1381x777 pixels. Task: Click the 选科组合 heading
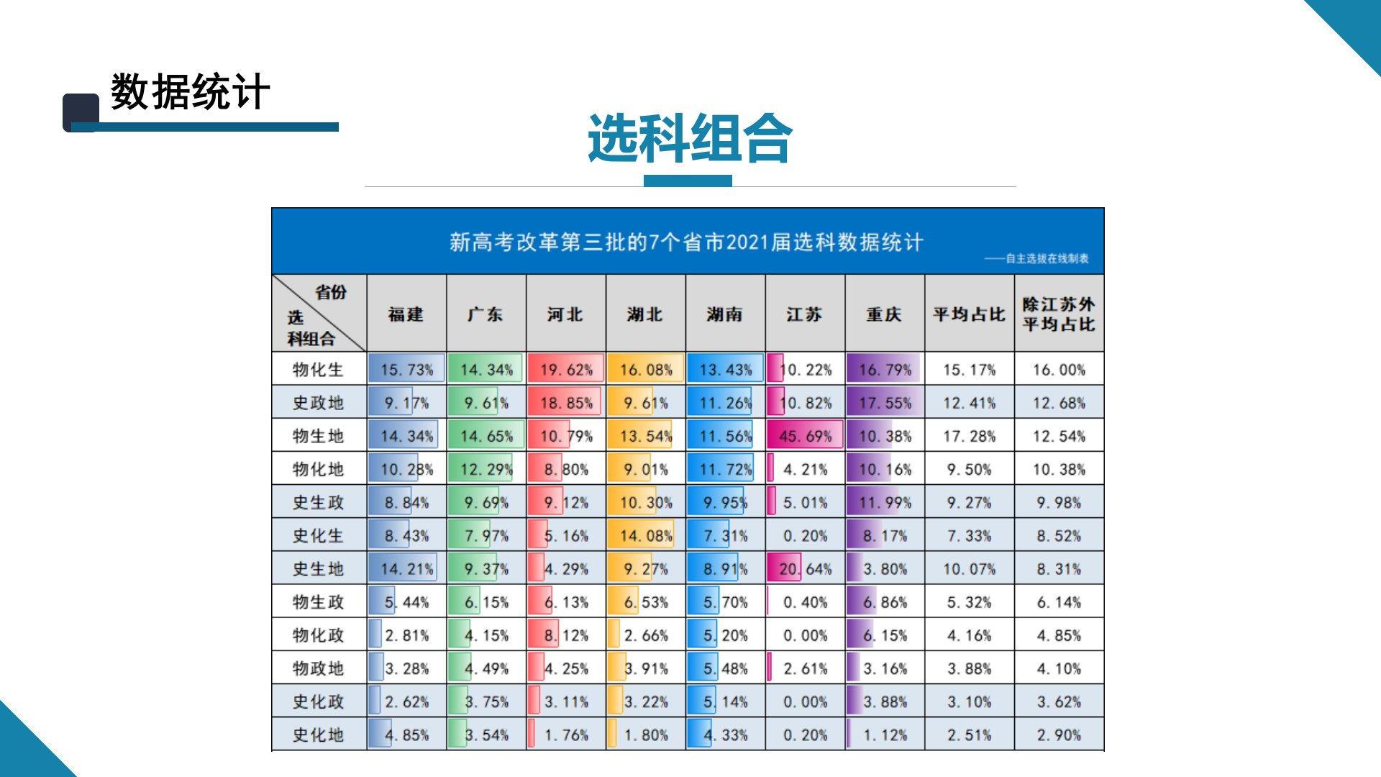click(x=689, y=139)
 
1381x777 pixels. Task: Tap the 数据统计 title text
click(x=190, y=92)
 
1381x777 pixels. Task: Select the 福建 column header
click(x=406, y=314)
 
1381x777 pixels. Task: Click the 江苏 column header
click(x=805, y=314)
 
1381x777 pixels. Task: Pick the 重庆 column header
click(x=885, y=314)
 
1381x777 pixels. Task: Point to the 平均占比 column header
click(x=969, y=314)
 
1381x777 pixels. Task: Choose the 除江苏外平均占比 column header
click(x=1059, y=314)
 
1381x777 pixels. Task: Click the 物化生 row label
click(x=319, y=370)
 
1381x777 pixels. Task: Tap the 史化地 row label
click(x=319, y=735)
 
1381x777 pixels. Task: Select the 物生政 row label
click(x=319, y=602)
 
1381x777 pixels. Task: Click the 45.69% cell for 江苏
click(x=806, y=436)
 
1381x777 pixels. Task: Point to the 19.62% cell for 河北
click(x=566, y=370)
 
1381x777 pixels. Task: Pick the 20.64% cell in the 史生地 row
click(x=806, y=569)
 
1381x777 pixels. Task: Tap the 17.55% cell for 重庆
click(x=885, y=403)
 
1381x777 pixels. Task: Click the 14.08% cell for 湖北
click(x=646, y=536)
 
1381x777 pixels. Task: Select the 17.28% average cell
click(x=970, y=436)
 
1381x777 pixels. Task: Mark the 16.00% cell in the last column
click(x=1059, y=370)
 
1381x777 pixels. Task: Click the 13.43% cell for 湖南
click(x=726, y=370)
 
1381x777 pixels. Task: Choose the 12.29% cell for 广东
click(x=486, y=470)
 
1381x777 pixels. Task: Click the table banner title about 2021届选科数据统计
click(x=686, y=242)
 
